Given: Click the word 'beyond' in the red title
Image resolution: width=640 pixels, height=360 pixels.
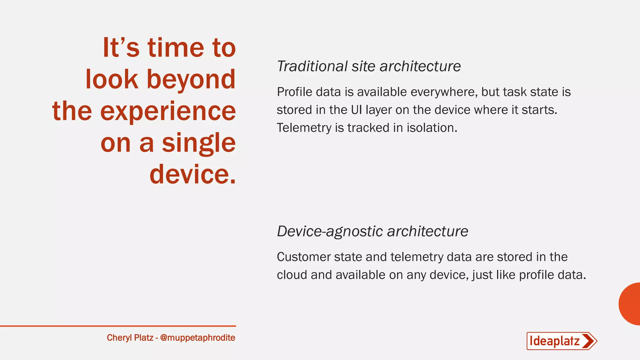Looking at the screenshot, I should pyautogui.click(x=191, y=80).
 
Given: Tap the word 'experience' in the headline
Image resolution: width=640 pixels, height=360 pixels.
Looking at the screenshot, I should pyautogui.click(x=168, y=112).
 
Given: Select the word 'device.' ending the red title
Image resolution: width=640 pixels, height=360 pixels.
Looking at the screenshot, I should pyautogui.click(x=192, y=174).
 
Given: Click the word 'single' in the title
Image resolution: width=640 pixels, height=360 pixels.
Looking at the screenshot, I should pyautogui.click(x=199, y=143).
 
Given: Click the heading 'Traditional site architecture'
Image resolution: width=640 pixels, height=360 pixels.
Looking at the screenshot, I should pyautogui.click(x=369, y=67).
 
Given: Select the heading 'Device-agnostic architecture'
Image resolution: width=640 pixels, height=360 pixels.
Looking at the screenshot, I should pyautogui.click(x=372, y=232).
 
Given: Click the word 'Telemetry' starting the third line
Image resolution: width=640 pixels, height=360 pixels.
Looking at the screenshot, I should pyautogui.click(x=304, y=128).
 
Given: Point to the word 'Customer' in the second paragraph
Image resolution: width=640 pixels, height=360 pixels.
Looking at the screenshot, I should pyautogui.click(x=304, y=257).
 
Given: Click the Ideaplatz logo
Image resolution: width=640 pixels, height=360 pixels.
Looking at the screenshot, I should pyautogui.click(x=561, y=341).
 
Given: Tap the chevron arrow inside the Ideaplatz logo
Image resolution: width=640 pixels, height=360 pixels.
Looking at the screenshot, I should pyautogui.click(x=589, y=341).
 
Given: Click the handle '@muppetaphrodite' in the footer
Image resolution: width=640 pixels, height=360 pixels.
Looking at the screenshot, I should pyautogui.click(x=197, y=338).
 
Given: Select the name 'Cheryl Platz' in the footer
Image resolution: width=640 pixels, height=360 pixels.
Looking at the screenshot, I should pyautogui.click(x=130, y=338).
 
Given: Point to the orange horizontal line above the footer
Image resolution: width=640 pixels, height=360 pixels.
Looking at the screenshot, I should pyautogui.click(x=118, y=326).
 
